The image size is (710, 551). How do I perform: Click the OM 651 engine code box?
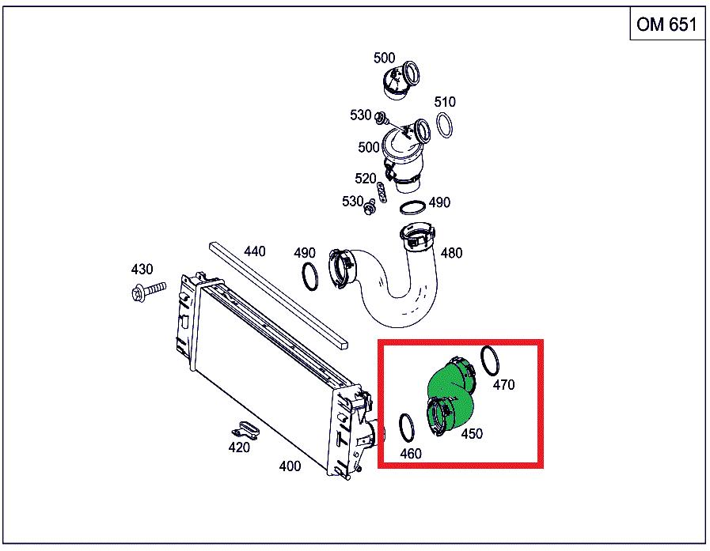pyautogui.click(x=667, y=25)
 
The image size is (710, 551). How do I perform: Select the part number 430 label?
pyautogui.click(x=142, y=269)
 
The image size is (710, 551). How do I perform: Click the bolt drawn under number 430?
pyautogui.click(x=148, y=291)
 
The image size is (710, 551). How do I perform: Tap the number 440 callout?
pyautogui.click(x=255, y=251)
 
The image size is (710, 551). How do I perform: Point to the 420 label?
pyautogui.click(x=239, y=447)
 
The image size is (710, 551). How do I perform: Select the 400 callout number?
pyautogui.click(x=290, y=466)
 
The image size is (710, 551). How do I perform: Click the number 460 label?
pyautogui.click(x=411, y=453)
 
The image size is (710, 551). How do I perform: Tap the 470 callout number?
pyautogui.click(x=503, y=384)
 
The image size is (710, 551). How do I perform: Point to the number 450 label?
pyautogui.click(x=472, y=433)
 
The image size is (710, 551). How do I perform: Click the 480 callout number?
pyautogui.click(x=451, y=252)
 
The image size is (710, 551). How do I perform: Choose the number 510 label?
pyautogui.click(x=445, y=102)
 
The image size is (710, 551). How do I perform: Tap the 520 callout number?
pyautogui.click(x=366, y=178)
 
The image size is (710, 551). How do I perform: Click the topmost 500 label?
pyautogui.click(x=384, y=58)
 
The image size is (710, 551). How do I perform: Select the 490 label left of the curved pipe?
pyautogui.click(x=304, y=252)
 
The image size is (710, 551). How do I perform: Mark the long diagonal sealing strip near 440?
pyautogui.click(x=279, y=295)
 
